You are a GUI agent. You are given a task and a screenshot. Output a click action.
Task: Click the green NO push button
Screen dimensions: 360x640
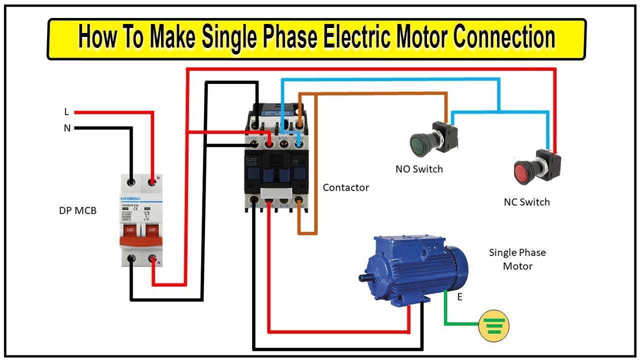pos(420,143)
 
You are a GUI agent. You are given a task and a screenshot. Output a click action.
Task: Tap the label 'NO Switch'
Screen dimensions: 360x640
pos(419,169)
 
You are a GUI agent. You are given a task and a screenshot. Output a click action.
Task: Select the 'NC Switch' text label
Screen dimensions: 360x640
pos(526,202)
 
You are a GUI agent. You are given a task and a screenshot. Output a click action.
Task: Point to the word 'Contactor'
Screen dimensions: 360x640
pos(345,187)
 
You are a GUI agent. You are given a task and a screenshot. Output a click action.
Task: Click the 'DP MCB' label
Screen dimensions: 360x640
pos(77,210)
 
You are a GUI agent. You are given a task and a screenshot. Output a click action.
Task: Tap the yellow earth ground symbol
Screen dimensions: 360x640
pos(493,325)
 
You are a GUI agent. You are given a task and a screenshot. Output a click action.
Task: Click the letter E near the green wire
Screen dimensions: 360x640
pos(459,297)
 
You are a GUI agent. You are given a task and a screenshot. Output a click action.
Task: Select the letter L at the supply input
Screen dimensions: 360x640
pos(66,112)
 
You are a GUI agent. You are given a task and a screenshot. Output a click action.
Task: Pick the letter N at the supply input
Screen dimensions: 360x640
pos(67,128)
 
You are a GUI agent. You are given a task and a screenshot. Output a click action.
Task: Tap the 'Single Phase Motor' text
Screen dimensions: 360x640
pos(517,259)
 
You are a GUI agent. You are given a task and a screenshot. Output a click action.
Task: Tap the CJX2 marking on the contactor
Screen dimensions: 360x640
pos(251,160)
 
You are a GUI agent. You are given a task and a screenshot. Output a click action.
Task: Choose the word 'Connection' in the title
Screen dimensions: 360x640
pos(505,38)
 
